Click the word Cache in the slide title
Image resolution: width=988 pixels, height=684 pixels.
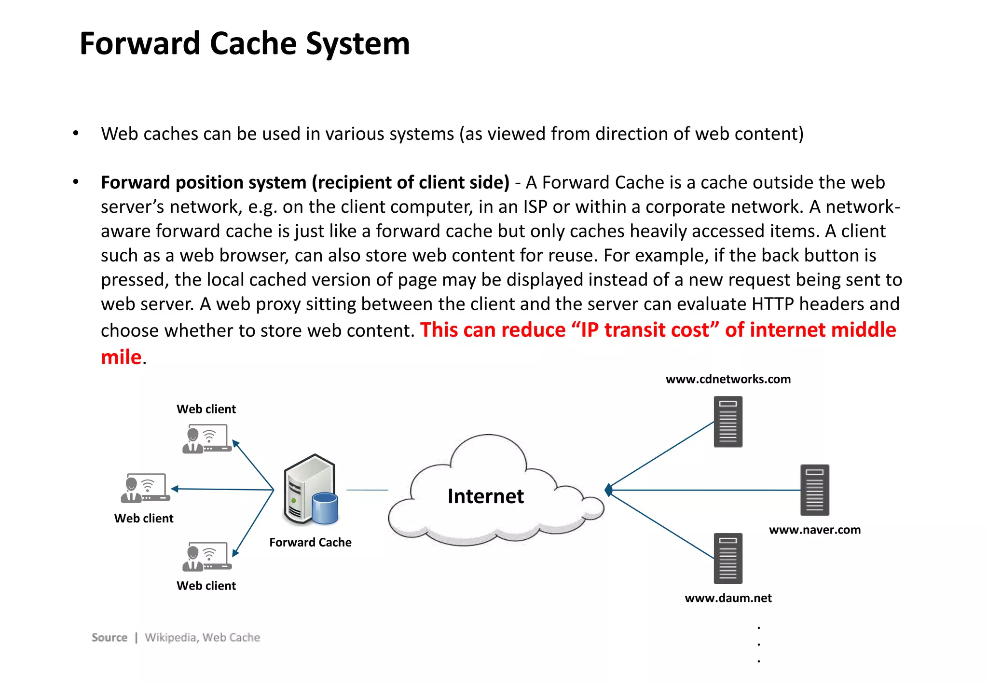coord(253,43)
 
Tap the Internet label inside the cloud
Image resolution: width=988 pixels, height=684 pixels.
coord(485,496)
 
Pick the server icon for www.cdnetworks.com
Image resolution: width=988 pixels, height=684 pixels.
coord(728,422)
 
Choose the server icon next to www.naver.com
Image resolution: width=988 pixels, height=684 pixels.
coord(814,490)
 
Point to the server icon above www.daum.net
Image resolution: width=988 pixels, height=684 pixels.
coord(728,558)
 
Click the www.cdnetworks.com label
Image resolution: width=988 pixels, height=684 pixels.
coord(728,379)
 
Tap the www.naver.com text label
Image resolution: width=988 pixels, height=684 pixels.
coord(814,530)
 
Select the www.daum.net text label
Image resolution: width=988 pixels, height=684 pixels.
coord(728,598)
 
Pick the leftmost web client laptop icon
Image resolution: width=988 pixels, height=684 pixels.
coord(145,488)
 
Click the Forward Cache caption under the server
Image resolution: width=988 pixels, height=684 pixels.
coord(310,542)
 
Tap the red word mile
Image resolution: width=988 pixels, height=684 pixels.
coord(121,357)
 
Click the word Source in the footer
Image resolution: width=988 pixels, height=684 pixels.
coord(110,637)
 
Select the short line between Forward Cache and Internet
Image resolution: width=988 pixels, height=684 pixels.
coord(367,490)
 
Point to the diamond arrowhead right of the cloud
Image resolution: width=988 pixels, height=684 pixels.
coord(609,490)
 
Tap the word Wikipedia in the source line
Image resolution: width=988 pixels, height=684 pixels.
coord(171,637)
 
